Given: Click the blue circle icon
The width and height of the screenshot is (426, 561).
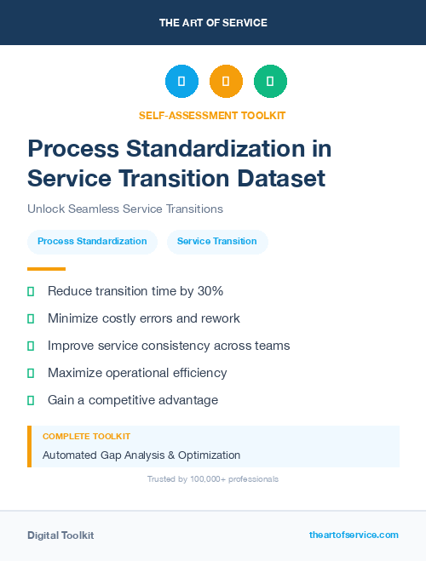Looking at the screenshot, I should pyautogui.click(x=181, y=81).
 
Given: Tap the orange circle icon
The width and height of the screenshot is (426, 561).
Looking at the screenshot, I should pyautogui.click(x=226, y=81).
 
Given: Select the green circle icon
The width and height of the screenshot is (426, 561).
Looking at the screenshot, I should pyautogui.click(x=270, y=81).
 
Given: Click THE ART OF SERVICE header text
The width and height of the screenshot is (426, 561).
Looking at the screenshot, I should pyautogui.click(x=213, y=23).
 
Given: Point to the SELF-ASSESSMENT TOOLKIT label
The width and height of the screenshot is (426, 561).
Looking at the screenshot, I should pyautogui.click(x=212, y=115).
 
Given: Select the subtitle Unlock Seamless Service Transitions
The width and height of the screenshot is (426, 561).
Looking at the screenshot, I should pyautogui.click(x=125, y=209).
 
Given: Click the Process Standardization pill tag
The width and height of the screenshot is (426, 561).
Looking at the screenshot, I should pyautogui.click(x=92, y=241).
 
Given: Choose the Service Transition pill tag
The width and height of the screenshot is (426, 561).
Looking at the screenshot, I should pyautogui.click(x=217, y=241).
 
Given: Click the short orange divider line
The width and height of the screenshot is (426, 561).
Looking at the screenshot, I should pyautogui.click(x=46, y=269).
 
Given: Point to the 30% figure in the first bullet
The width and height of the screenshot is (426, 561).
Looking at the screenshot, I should pyautogui.click(x=210, y=291).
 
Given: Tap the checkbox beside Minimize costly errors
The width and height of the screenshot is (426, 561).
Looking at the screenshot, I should pyautogui.click(x=31, y=318).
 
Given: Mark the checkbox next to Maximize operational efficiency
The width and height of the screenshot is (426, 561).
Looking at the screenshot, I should pyautogui.click(x=31, y=373).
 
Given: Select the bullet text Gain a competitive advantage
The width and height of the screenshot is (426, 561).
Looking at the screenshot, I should pyautogui.click(x=133, y=400).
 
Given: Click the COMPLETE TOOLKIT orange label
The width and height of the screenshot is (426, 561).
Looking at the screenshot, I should pyautogui.click(x=86, y=436).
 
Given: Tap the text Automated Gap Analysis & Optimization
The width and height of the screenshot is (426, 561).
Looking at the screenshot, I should pyautogui.click(x=141, y=455).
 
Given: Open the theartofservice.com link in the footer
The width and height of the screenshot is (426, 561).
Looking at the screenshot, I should pyautogui.click(x=354, y=535).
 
